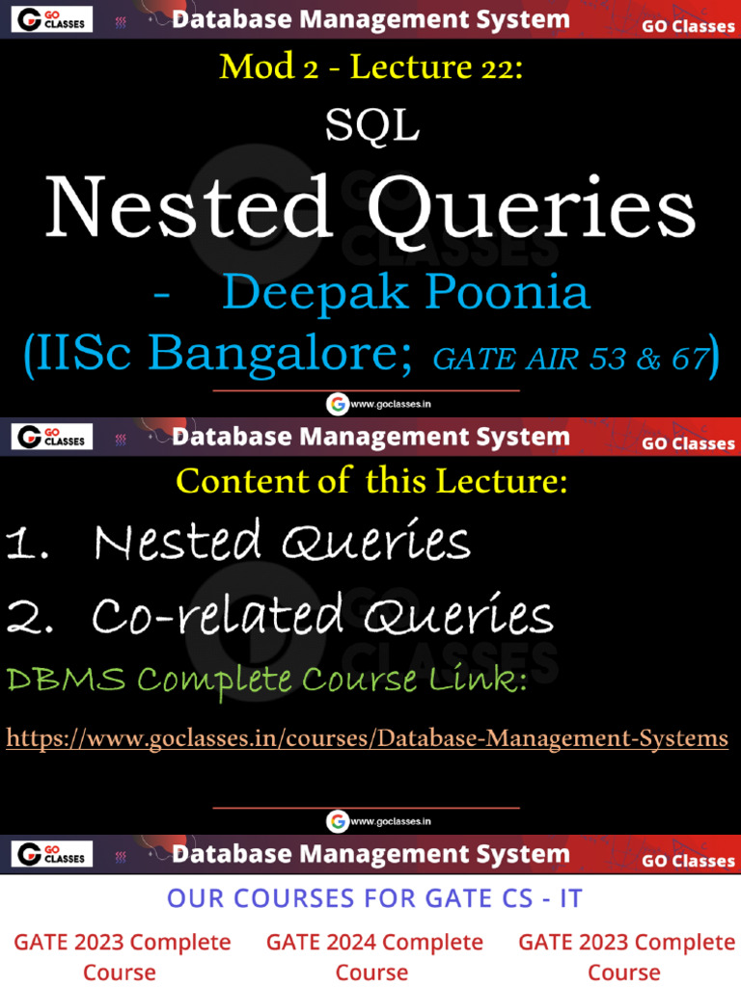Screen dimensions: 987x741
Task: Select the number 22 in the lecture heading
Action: tap(500, 67)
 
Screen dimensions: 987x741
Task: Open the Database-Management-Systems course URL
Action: tap(367, 738)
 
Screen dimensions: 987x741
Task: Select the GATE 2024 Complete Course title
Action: tap(374, 956)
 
